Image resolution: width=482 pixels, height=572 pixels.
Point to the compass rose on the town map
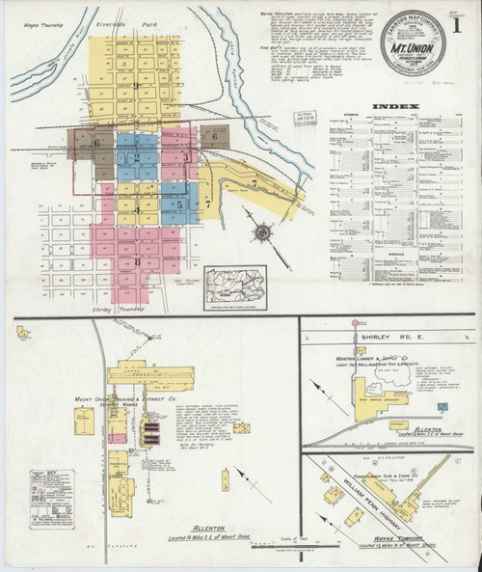[262, 232]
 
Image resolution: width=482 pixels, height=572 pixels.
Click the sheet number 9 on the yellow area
[138, 85]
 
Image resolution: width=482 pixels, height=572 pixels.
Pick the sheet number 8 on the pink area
[138, 260]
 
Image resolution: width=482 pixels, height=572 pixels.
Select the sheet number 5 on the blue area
[179, 204]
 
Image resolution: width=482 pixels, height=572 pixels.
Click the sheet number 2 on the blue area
[138, 157]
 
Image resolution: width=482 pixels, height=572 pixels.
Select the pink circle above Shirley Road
[355, 322]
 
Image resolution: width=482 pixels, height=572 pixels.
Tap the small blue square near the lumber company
[442, 410]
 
